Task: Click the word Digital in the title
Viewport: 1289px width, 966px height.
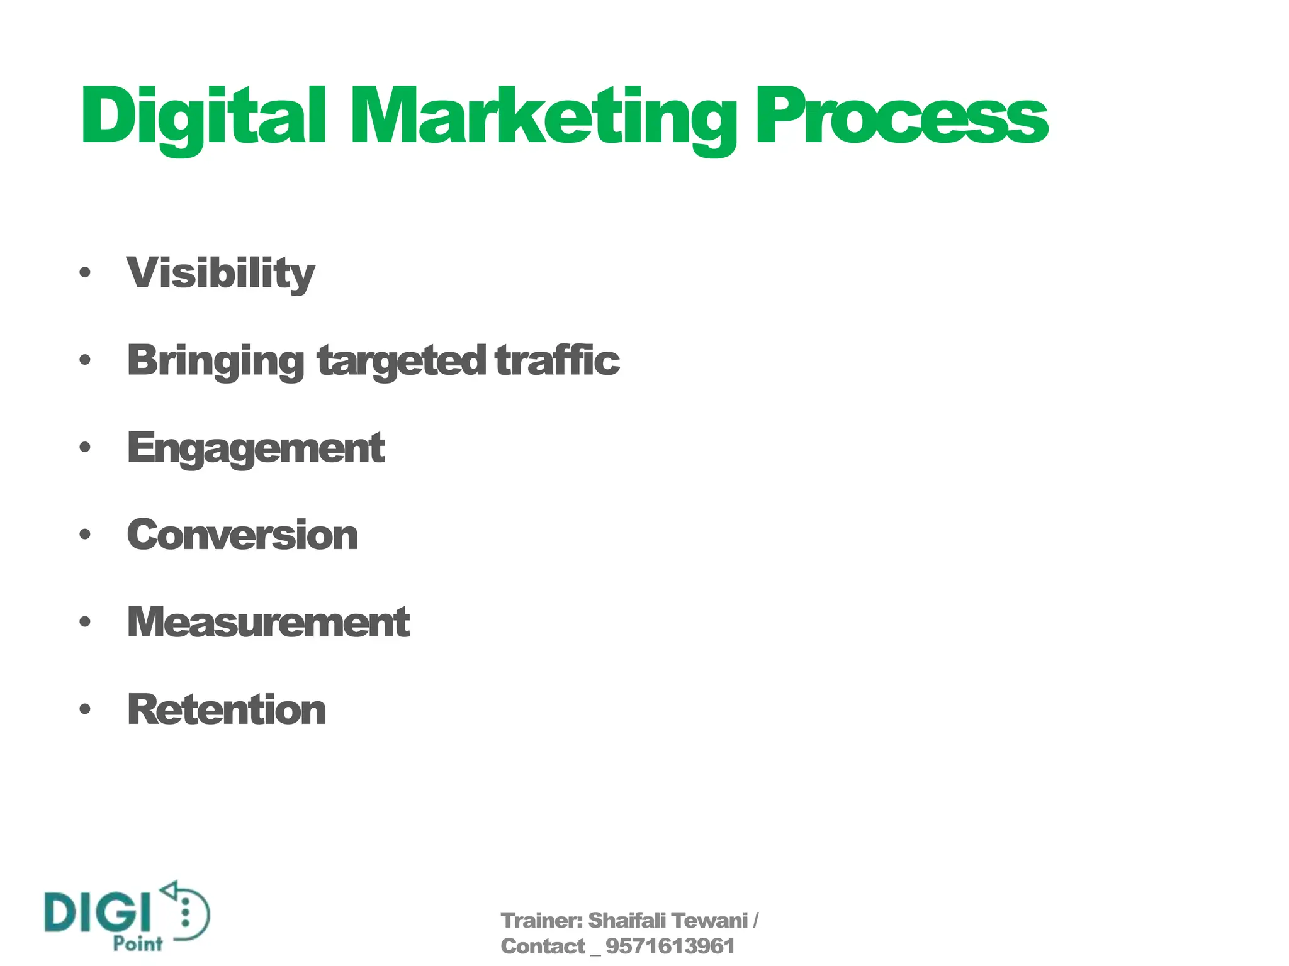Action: point(203,117)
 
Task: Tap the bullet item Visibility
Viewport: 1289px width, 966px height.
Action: point(220,274)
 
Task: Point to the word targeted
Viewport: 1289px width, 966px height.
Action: point(402,361)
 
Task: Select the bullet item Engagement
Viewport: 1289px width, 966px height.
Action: point(256,448)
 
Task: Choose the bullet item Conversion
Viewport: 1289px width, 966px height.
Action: point(242,535)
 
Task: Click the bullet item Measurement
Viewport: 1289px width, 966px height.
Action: point(268,622)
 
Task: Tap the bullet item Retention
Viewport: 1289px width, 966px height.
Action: point(227,709)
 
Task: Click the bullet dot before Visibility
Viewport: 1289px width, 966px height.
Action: point(86,273)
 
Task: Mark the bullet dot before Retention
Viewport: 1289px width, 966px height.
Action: point(86,709)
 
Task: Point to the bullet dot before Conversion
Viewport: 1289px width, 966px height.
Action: point(86,535)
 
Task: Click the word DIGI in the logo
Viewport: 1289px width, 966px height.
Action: point(98,911)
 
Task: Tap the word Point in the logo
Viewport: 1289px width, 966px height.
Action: point(138,943)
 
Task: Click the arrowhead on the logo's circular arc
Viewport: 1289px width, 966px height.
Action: point(169,889)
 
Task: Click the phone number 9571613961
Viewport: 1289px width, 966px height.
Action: point(670,947)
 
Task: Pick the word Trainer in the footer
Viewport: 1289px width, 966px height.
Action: point(540,921)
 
